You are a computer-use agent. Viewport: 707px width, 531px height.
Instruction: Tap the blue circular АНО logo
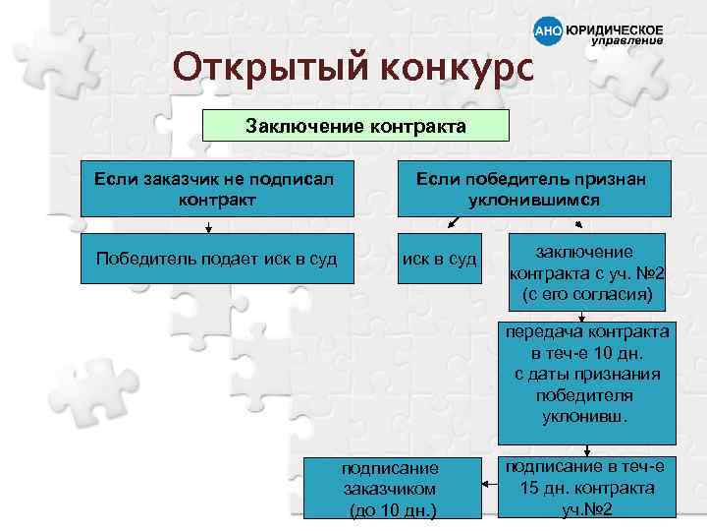point(547,31)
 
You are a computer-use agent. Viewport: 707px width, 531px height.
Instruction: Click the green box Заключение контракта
point(355,126)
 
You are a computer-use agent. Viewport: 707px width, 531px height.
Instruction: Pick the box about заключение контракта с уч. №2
point(586,271)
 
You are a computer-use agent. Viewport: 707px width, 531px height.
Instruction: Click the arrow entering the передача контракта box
point(586,317)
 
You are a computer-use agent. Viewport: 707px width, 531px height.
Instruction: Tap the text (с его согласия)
point(586,294)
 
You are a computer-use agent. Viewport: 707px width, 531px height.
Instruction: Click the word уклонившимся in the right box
point(534,200)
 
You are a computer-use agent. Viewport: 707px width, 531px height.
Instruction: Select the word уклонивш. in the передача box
point(586,416)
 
